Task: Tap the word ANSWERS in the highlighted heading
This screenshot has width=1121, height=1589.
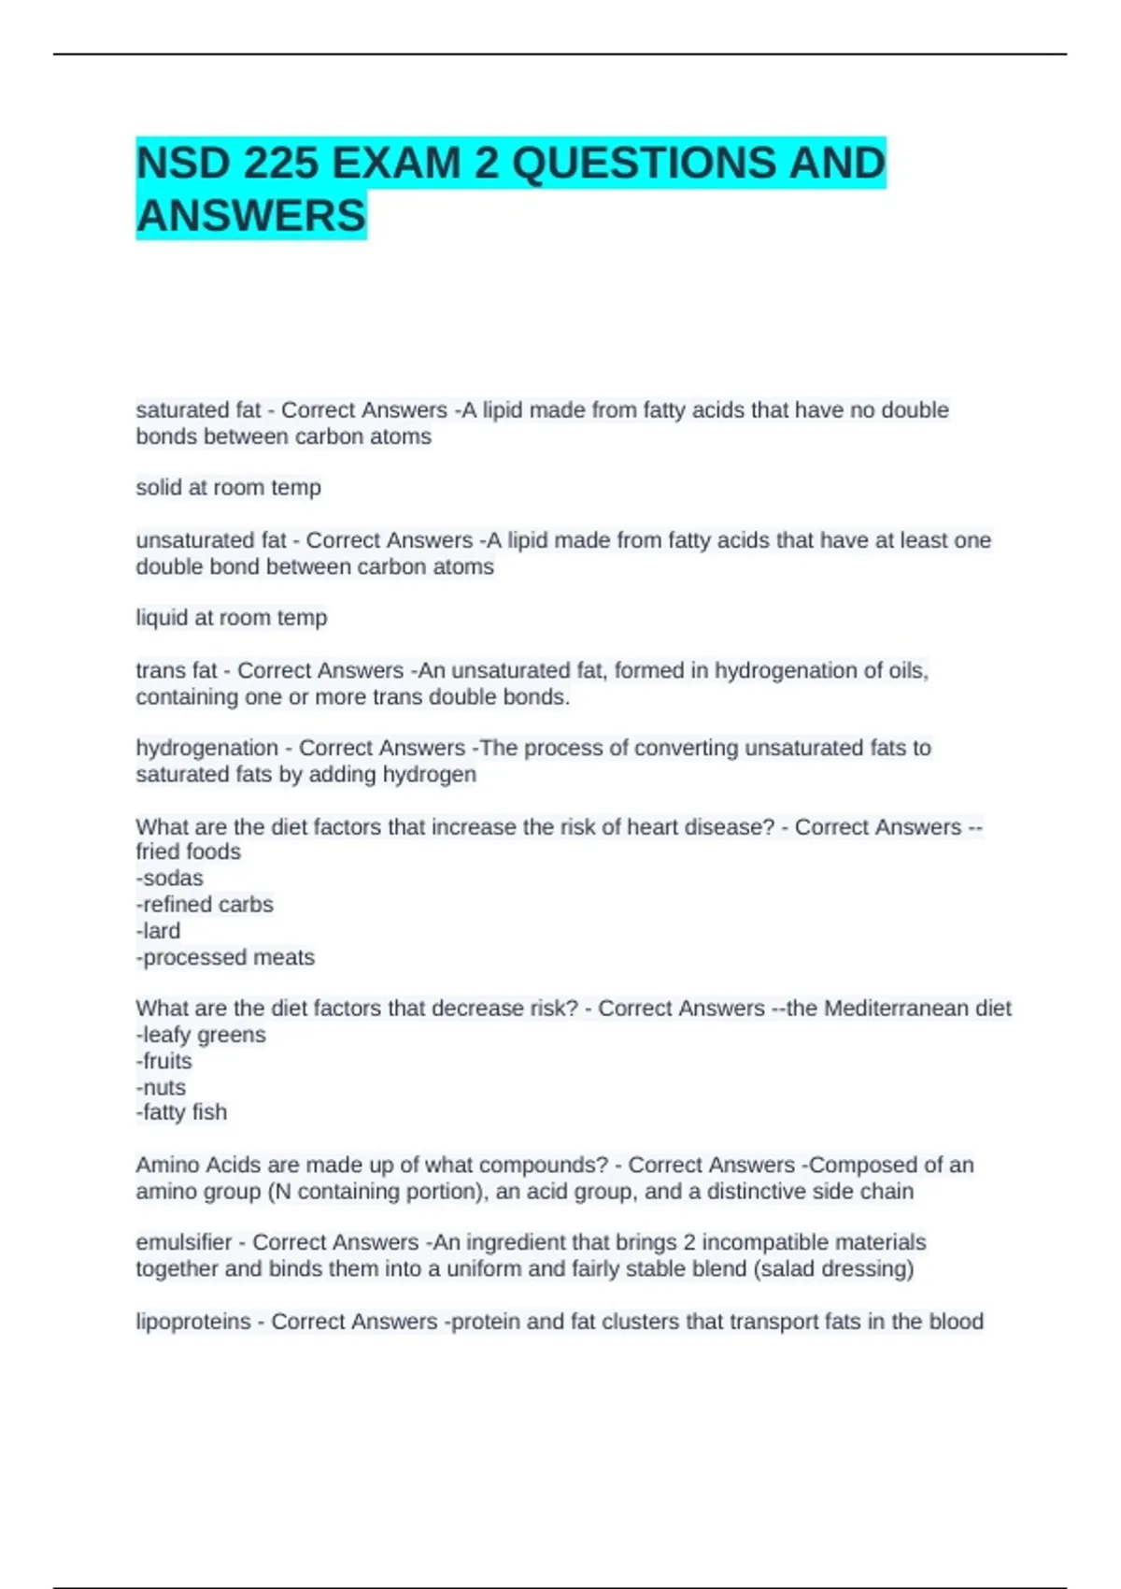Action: [x=251, y=216]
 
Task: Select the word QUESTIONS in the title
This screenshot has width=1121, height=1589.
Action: [x=644, y=164]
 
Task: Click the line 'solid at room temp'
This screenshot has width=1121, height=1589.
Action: [x=229, y=488]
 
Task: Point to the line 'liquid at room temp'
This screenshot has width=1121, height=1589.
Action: [x=232, y=618]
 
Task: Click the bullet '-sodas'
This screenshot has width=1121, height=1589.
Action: [x=169, y=879]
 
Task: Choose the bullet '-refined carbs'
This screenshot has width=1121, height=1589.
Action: [x=205, y=905]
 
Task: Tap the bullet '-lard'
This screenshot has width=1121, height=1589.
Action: [x=158, y=931]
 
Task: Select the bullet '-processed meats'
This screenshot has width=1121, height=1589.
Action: [x=225, y=957]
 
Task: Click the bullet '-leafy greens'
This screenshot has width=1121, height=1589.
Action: [x=201, y=1035]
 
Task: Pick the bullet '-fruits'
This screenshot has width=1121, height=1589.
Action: [x=163, y=1061]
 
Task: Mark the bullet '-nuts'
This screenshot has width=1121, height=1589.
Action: [x=161, y=1087]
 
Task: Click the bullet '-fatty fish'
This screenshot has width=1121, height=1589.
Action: [x=181, y=1112]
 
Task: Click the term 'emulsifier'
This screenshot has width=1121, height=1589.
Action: [x=184, y=1242]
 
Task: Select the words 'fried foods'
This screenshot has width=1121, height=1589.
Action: [x=188, y=852]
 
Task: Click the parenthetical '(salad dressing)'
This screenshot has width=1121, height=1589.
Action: [x=838, y=1269]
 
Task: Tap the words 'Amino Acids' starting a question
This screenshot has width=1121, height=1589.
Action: [x=192, y=1166]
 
